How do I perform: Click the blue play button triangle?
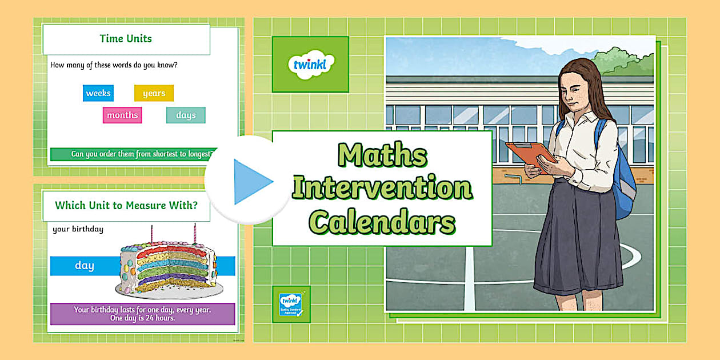click(251, 182)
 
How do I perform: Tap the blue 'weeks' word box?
click(98, 93)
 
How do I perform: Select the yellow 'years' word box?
click(154, 93)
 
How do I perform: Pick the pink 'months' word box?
click(122, 115)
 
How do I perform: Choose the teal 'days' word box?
click(186, 115)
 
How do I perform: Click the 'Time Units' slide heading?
click(126, 39)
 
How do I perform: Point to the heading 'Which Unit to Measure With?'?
click(126, 205)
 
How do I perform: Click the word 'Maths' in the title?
click(382, 155)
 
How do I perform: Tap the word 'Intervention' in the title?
click(382, 188)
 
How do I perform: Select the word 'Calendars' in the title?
click(382, 222)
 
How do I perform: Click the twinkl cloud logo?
click(310, 64)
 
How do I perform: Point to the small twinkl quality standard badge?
click(291, 304)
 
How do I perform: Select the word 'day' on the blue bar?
click(85, 266)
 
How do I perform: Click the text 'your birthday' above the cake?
click(78, 229)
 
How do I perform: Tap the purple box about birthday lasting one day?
click(142, 314)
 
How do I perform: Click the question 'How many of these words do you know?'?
click(114, 65)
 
